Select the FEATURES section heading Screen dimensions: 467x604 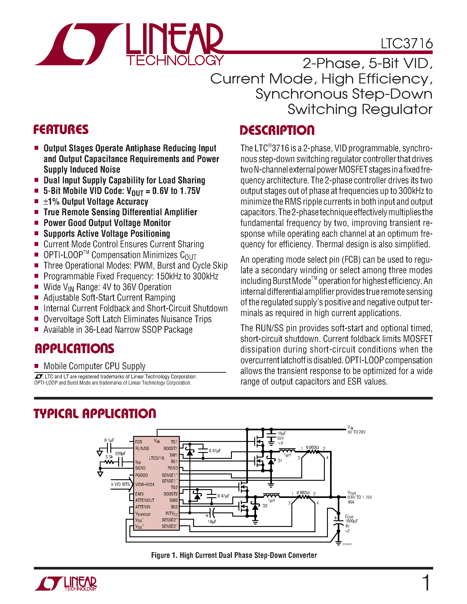coord(61,129)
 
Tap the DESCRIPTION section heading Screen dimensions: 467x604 coord(277,130)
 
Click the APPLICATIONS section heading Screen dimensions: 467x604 coord(75,349)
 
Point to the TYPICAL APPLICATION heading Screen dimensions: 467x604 coord(95,413)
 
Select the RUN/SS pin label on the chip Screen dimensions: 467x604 coord(142,448)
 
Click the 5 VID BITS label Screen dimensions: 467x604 coord(120,484)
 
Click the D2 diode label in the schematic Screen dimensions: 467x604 coord(265,506)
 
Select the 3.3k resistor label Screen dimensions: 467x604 coord(109,457)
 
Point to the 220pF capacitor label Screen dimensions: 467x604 coord(120,454)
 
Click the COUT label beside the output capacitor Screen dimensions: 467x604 coord(349,516)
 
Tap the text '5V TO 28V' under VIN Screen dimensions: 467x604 coord(357,432)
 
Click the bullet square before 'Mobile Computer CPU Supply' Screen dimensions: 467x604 coord(36,366)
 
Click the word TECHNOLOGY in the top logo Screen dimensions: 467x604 coord(175,60)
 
